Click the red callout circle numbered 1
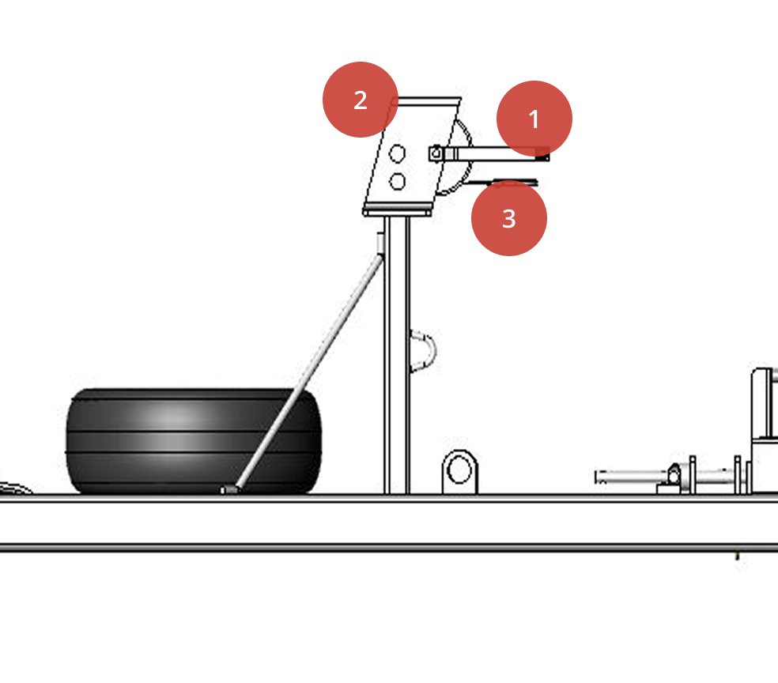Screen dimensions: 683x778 534,119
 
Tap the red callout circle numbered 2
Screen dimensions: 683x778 360,100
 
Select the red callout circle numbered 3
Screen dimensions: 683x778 508,218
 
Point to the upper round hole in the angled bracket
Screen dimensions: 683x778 398,153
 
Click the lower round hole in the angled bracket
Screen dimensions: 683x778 398,182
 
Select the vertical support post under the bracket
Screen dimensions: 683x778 396,356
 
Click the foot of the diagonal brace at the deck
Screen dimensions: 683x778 230,489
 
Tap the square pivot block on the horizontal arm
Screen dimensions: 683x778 436,153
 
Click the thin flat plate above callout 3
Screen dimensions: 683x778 506,183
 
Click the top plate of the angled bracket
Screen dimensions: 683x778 428,100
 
